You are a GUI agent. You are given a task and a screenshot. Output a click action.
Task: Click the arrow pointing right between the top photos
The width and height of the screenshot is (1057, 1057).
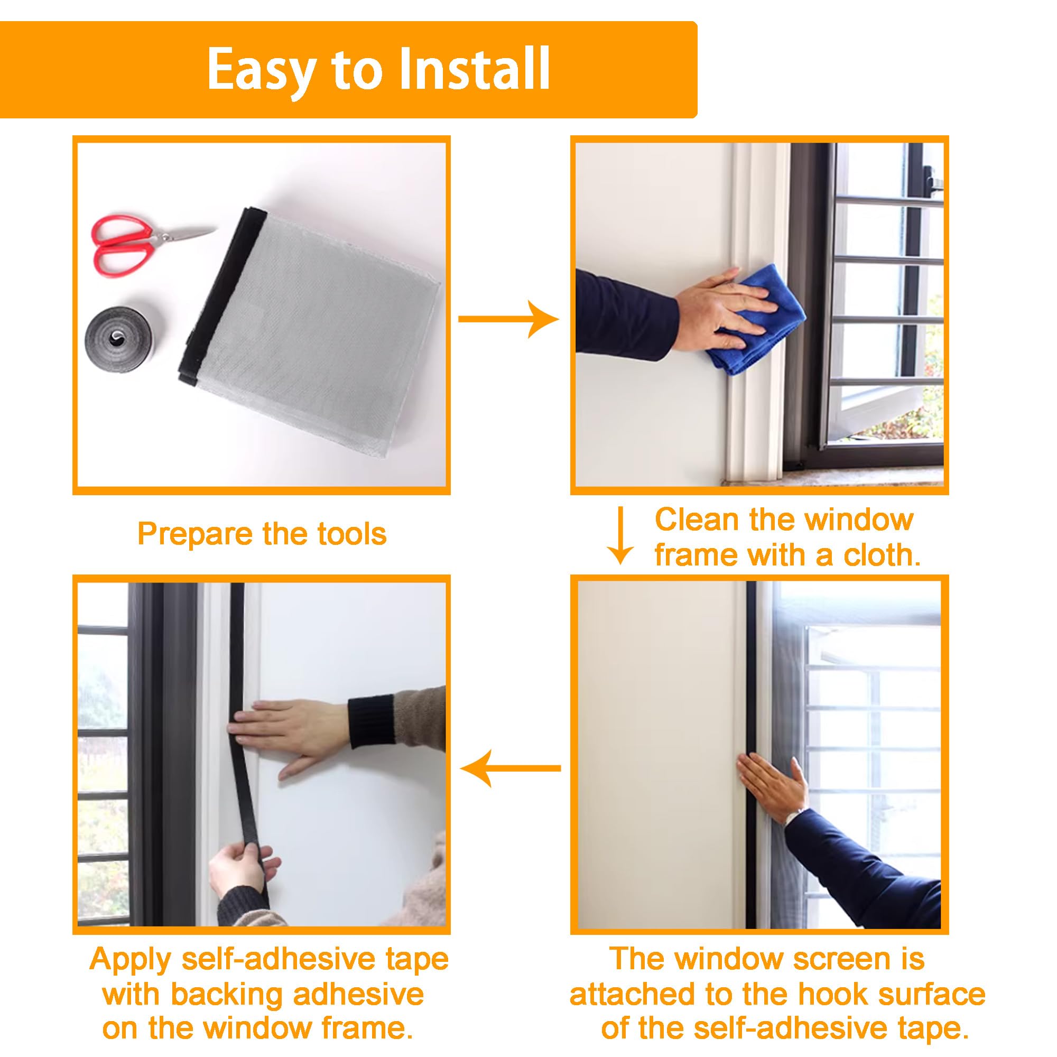pyautogui.click(x=509, y=319)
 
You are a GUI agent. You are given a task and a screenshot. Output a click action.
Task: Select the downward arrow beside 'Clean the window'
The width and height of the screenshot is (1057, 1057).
pyautogui.click(x=620, y=535)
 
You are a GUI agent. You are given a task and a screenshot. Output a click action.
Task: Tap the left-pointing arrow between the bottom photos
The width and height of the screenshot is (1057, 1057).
pyautogui.click(x=511, y=768)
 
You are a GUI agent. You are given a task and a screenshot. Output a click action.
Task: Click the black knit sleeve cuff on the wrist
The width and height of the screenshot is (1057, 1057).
pyautogui.click(x=372, y=721)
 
